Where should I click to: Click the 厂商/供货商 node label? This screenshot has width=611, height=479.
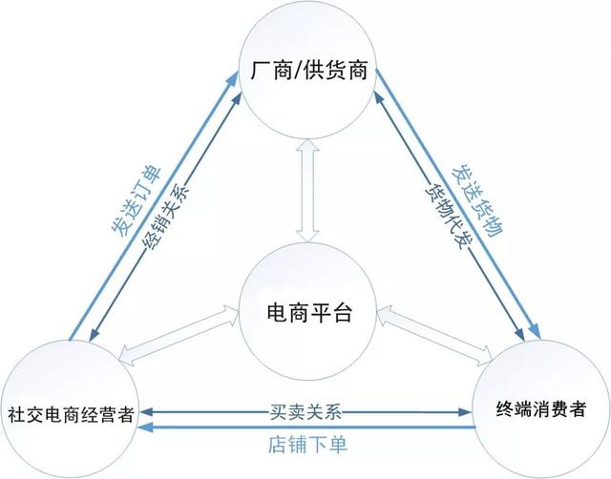309,71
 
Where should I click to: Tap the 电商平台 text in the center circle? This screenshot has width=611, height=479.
309,312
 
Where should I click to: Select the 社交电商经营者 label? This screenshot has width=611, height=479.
72,414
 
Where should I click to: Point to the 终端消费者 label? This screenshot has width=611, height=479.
541,409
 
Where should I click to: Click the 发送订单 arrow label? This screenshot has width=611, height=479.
136,201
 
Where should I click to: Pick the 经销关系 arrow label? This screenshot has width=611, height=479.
166,215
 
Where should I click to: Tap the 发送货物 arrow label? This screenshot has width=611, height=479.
477,201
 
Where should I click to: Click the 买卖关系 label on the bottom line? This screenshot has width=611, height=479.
305,411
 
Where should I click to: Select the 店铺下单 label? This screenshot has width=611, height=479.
307,445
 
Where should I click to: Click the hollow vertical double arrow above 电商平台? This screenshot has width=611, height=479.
307,191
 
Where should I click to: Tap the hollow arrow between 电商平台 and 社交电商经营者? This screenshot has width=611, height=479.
179,335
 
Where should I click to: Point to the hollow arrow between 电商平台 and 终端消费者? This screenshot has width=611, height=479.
435,336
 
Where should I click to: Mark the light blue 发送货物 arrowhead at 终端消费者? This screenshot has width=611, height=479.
535,331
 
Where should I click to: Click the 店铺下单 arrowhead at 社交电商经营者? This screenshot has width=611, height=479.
146,427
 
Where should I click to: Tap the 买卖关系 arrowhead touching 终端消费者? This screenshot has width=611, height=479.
465,412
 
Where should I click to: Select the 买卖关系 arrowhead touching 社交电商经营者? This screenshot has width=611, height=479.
146,412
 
